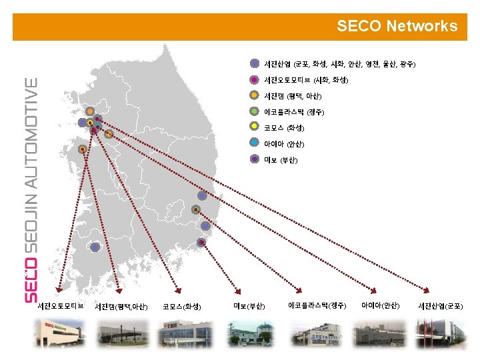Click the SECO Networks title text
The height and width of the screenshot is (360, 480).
[397, 26]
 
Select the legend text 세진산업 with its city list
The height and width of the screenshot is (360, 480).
[339, 64]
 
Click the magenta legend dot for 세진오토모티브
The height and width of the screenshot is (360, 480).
[255, 80]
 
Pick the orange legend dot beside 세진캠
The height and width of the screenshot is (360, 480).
[255, 95]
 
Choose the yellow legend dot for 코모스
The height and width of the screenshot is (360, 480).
[255, 127]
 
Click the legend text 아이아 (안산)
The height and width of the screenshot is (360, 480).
[284, 143]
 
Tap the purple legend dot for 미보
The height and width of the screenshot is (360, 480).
[255, 159]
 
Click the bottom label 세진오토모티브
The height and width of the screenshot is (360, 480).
[60, 306]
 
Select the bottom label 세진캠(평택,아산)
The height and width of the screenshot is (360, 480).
[121, 307]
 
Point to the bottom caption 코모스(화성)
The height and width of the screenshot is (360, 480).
[182, 307]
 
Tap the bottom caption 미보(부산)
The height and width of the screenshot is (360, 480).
[249, 306]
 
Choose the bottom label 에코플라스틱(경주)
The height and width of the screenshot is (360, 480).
[317, 305]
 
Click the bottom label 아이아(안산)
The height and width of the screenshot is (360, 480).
[380, 305]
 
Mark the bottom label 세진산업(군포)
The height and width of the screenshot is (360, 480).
[440, 306]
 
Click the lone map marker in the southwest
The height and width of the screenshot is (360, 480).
[95, 247]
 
